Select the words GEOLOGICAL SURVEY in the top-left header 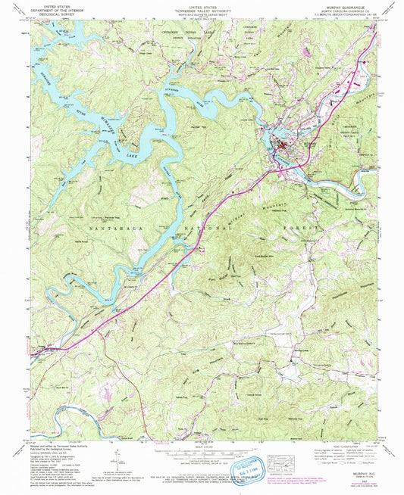coord(59,14)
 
